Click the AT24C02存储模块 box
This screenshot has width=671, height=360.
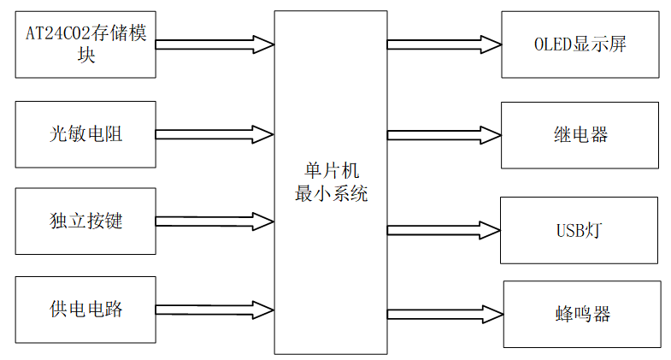click(86, 45)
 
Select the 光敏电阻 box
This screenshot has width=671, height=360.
click(86, 133)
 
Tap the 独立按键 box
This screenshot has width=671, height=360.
click(86, 221)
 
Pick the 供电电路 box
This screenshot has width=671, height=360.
click(86, 309)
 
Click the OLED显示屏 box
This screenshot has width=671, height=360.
click(580, 44)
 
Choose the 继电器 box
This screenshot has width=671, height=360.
click(580, 135)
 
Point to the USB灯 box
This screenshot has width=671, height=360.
click(580, 230)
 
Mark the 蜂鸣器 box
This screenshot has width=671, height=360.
click(582, 314)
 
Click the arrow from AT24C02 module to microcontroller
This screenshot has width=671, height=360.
click(215, 42)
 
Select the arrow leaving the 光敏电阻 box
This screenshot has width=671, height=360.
click(215, 133)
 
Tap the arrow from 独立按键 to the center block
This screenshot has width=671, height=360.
click(215, 221)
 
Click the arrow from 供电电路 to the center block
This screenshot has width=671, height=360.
click(215, 309)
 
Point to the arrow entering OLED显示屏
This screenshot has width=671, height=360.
click(444, 42)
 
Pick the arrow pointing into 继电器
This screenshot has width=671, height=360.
click(444, 134)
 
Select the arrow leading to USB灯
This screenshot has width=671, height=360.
click(444, 229)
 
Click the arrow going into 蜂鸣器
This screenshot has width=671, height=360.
click(444, 314)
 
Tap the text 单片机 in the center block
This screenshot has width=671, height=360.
click(331, 173)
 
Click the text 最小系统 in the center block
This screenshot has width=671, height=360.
click(331, 193)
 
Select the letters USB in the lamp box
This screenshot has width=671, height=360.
click(571, 230)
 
